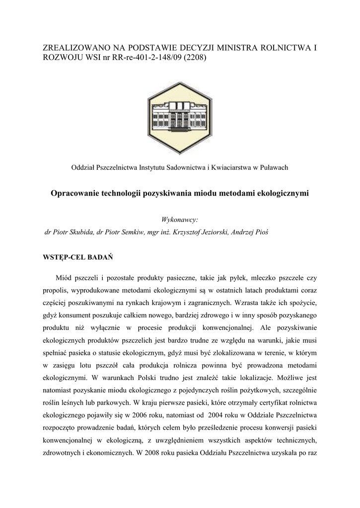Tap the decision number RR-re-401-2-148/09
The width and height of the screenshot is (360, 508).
(142, 58)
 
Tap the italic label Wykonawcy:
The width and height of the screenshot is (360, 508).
(180, 219)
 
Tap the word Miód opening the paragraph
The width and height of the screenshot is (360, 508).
(64, 279)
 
